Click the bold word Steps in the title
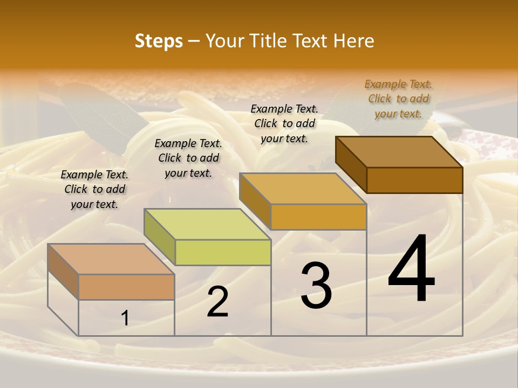pos(159,41)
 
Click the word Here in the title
pos(353,41)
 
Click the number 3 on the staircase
pos(316,285)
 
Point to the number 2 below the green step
pos(217,302)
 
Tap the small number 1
pos(125,318)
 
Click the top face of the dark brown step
pos(399,152)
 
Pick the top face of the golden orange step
pos(303,189)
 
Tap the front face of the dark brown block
pos(414,180)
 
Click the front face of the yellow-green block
pos(223,252)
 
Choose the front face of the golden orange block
pos(318,217)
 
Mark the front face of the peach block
pos(126,287)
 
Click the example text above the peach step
pos(94,189)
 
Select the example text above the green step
pos(188,158)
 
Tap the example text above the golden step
pos(284,123)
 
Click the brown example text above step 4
pos(398,99)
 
